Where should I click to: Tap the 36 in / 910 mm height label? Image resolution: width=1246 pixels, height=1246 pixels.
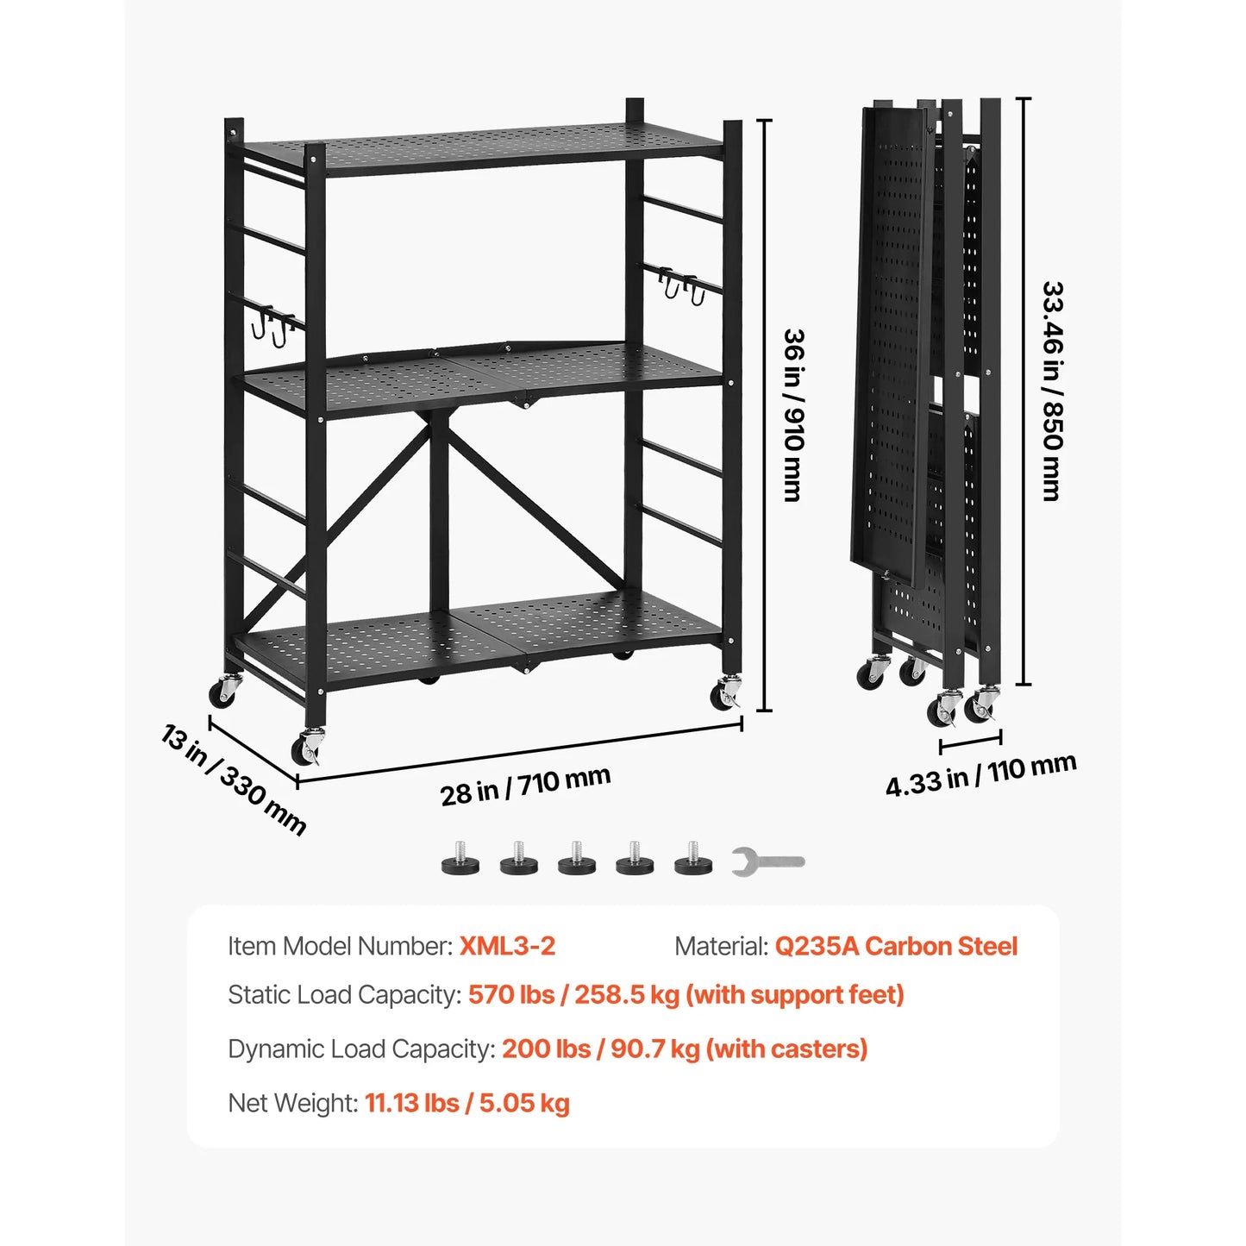(x=793, y=415)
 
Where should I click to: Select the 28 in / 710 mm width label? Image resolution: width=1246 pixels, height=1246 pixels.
(x=525, y=786)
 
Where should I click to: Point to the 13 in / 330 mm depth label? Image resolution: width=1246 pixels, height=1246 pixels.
(x=234, y=780)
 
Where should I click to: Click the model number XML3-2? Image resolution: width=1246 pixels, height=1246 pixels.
(x=507, y=946)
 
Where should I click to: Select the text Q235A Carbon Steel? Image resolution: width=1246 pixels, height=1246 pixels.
(x=896, y=946)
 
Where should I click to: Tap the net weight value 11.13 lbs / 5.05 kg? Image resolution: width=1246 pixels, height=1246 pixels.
(x=466, y=1103)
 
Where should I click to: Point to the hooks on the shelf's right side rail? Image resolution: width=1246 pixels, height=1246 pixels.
(x=681, y=285)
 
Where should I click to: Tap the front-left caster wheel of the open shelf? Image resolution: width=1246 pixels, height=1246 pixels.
(x=307, y=747)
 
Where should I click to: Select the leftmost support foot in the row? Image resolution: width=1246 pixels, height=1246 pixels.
(x=460, y=860)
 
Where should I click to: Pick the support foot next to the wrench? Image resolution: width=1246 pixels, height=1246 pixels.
(x=693, y=860)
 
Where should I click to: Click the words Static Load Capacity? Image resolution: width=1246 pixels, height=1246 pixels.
(x=343, y=995)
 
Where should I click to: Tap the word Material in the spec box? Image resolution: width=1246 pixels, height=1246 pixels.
(x=720, y=946)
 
